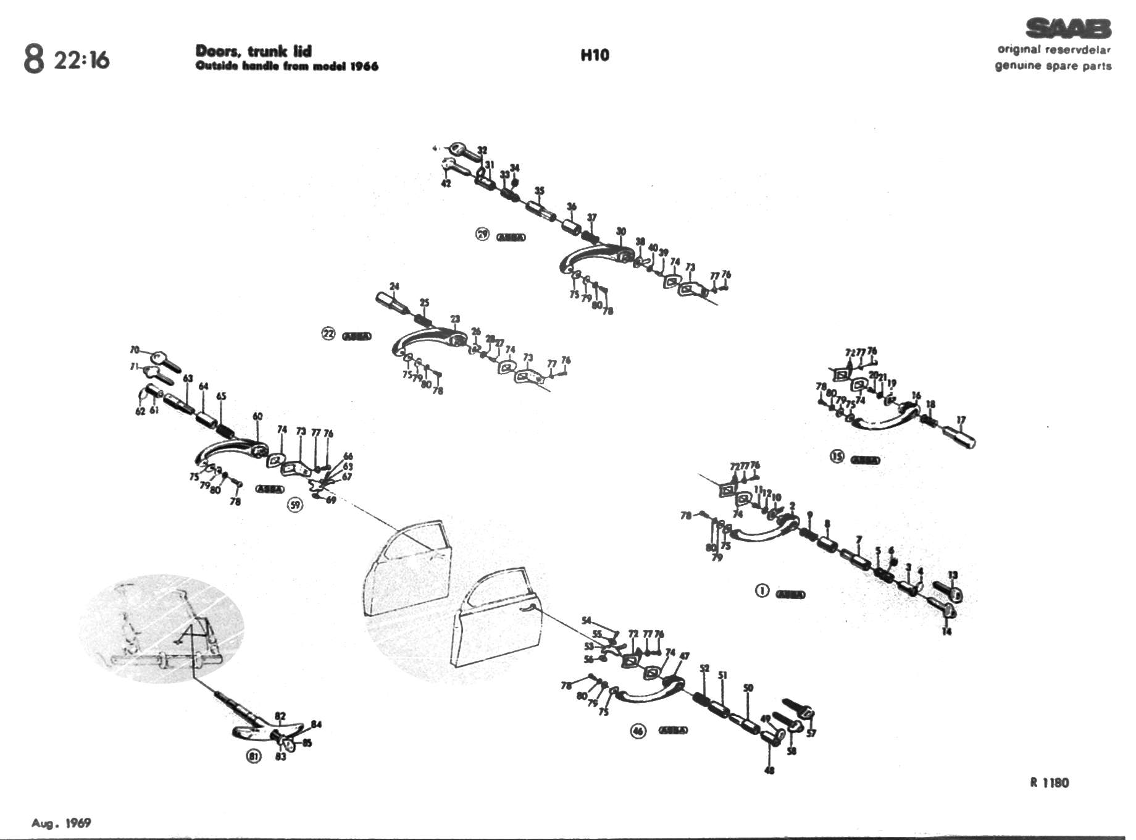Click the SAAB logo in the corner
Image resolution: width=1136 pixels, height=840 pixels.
[1067, 28]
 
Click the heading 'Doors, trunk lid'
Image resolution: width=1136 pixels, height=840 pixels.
[253, 51]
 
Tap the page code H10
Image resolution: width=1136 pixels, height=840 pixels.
[595, 55]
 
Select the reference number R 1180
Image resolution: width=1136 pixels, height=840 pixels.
[1049, 783]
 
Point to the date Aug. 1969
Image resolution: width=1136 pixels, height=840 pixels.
[61, 823]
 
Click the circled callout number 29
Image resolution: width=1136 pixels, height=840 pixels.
[482, 234]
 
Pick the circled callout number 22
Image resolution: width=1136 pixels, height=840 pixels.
[328, 334]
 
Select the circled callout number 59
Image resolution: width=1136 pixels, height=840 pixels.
[296, 505]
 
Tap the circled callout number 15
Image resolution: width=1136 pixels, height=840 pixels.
[837, 456]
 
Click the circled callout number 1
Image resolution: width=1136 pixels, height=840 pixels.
[762, 590]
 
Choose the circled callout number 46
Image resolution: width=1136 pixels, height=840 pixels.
[638, 731]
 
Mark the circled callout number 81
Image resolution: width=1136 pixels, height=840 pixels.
[254, 756]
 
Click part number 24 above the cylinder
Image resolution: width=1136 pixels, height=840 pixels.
[395, 287]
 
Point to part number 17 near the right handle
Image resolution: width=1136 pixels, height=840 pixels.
[961, 421]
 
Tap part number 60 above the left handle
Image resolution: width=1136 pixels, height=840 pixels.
[257, 416]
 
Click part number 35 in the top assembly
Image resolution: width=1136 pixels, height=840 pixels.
[540, 190]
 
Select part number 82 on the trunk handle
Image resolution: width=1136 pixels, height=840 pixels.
[280, 716]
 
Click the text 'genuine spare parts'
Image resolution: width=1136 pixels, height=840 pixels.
[1053, 65]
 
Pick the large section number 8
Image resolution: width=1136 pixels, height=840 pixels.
[34, 59]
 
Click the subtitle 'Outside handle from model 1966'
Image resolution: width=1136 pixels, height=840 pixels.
[286, 66]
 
